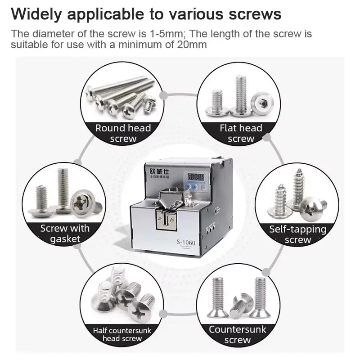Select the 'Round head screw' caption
click(123, 133)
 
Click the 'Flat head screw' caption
click(241, 133)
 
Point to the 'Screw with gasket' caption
click(65, 234)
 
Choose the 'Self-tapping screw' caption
click(298, 234)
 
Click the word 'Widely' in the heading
click(37, 13)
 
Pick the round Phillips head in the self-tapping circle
click(312, 207)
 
